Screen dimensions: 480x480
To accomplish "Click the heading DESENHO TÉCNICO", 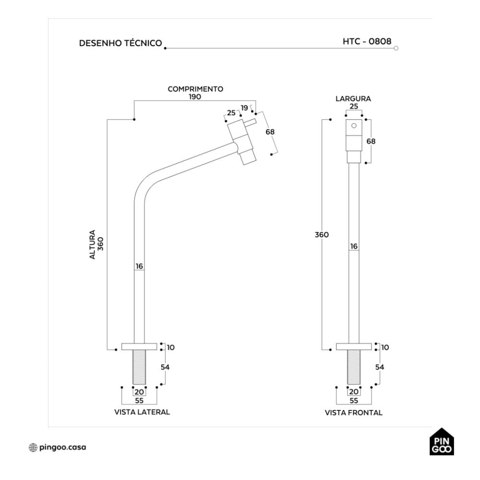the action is click(x=120, y=43).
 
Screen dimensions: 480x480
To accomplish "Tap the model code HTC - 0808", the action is click(x=367, y=41).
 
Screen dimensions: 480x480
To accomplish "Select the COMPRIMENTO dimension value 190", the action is click(x=195, y=97).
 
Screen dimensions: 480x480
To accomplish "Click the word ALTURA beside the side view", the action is click(x=93, y=245).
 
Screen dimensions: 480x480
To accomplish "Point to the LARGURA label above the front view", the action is click(x=353, y=98).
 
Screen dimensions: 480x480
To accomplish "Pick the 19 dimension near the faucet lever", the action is click(x=244, y=108).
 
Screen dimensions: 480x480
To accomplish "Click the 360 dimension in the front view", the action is click(x=322, y=235).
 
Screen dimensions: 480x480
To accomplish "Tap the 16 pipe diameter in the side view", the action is click(x=139, y=266).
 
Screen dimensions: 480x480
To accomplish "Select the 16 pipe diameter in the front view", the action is click(x=354, y=246).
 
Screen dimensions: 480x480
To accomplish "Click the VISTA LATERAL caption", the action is click(x=142, y=412).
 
